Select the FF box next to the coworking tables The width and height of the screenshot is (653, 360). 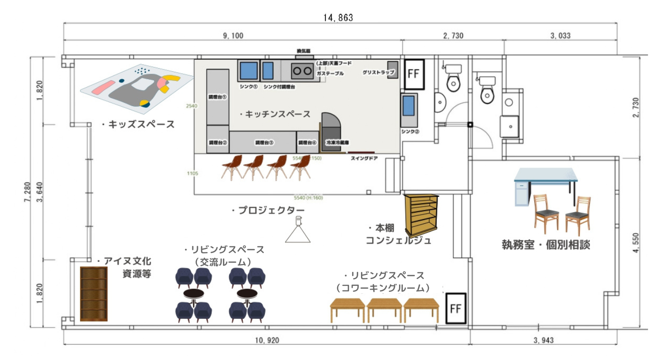click(456, 309)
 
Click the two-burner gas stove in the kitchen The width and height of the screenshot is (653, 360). click(302, 71)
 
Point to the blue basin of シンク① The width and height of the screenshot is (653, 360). click(248, 71)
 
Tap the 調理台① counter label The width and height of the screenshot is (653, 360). click(217, 98)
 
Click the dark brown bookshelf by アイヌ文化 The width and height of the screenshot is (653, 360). click(94, 294)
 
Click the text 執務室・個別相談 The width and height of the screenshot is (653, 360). click(546, 245)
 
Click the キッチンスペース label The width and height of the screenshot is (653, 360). click(275, 114)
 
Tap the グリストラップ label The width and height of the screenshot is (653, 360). click(379, 73)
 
